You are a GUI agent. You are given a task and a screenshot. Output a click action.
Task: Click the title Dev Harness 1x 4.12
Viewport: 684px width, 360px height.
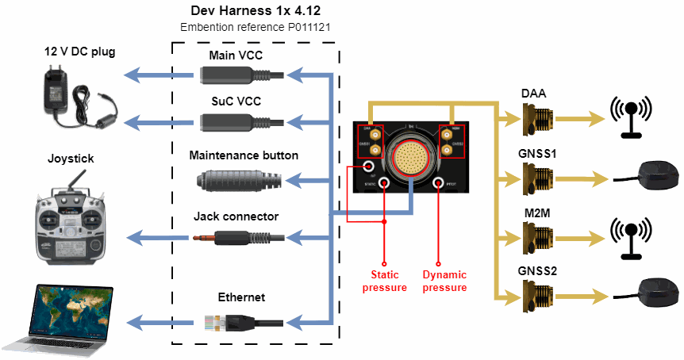[255, 11]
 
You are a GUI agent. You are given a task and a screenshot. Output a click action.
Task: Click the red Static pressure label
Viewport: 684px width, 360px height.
[384, 281]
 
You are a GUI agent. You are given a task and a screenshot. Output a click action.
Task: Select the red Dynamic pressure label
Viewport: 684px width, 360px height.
[444, 281]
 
